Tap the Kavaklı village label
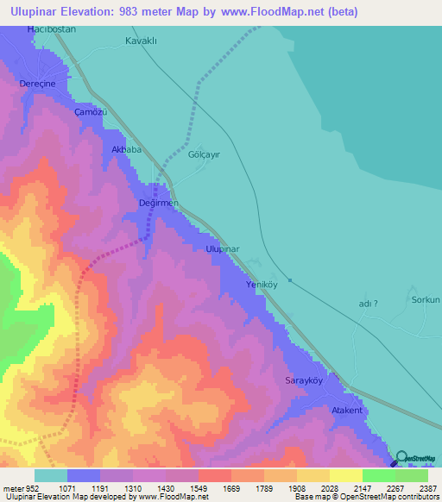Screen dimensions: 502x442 pos(143,41)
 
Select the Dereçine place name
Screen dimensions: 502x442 pos(37,84)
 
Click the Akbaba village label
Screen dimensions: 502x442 pos(126,149)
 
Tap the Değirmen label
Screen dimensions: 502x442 pos(158,203)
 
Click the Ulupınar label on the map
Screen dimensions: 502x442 pos(222,248)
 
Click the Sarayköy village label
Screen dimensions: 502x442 pos(304,380)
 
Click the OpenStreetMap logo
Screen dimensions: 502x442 pos(415,459)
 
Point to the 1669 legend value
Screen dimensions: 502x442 pos(231,488)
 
